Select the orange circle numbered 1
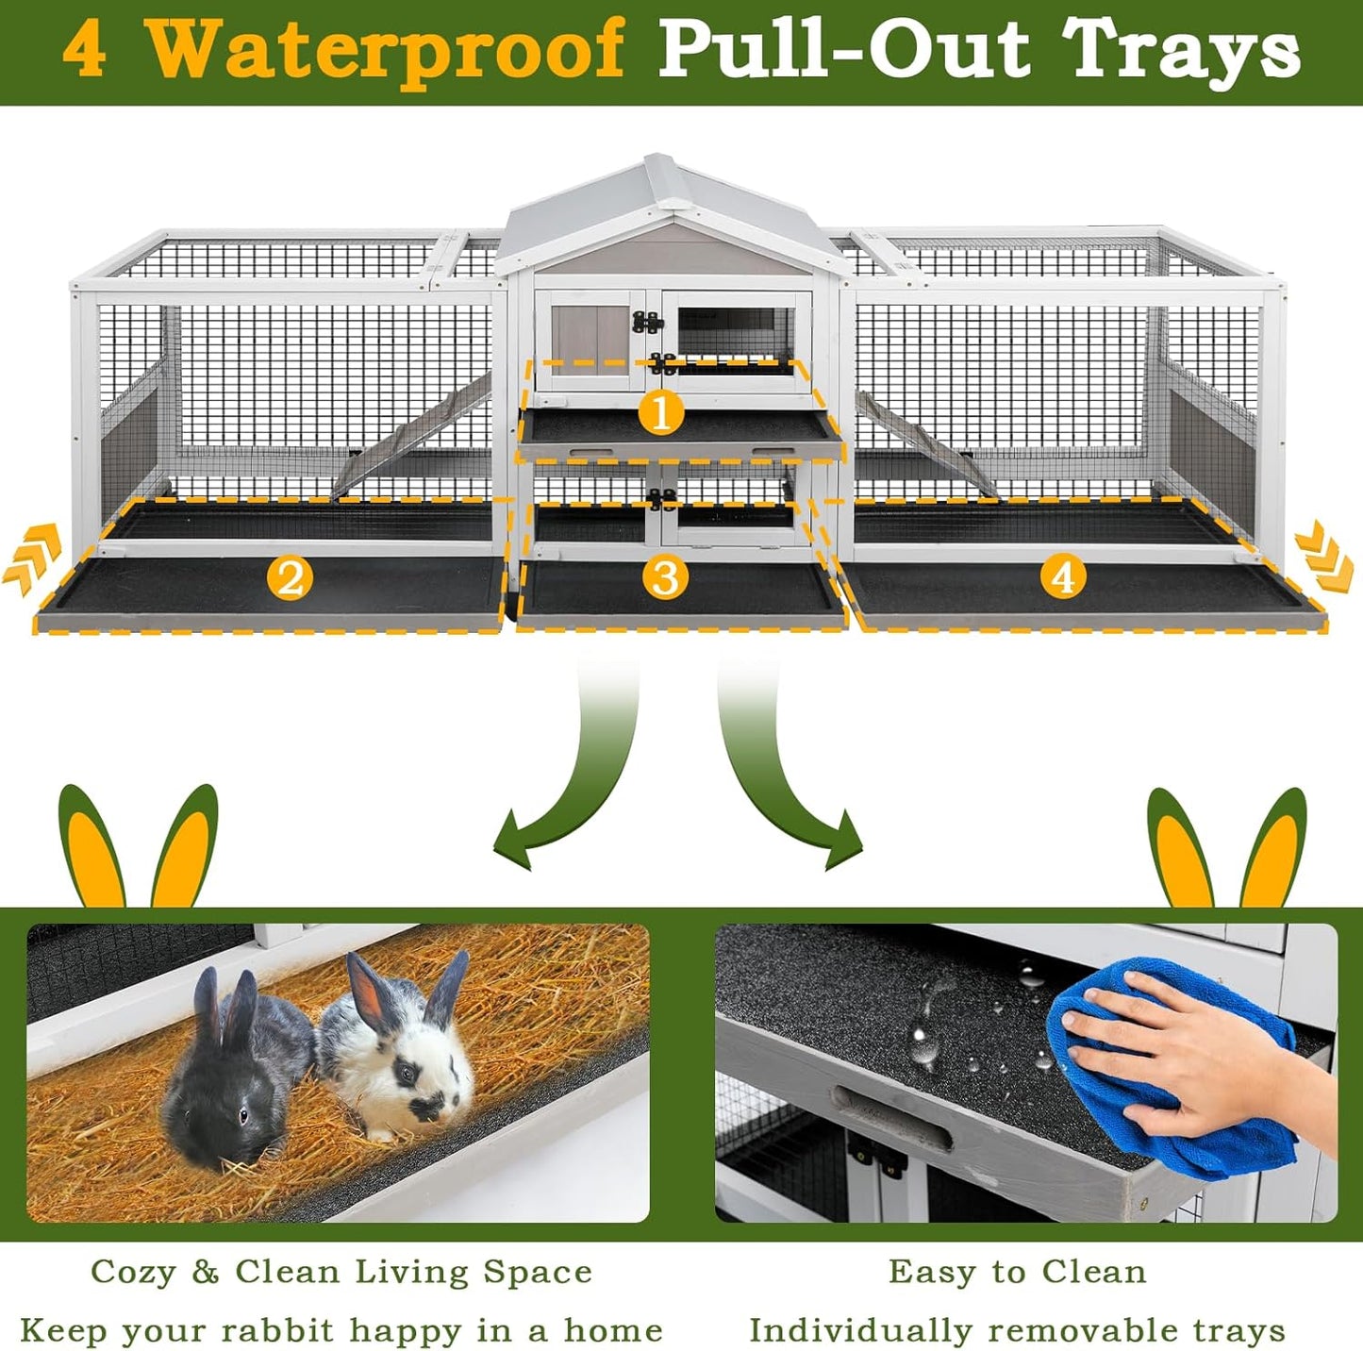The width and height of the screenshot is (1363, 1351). coord(660,412)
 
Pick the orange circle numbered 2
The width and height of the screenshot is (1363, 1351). coord(290,576)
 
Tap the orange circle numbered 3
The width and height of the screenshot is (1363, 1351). coord(665,576)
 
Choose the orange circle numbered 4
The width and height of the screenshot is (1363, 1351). coord(1063,576)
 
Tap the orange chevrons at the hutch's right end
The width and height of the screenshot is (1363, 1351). coord(1325,561)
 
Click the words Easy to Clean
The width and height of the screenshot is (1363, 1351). coord(1017,1272)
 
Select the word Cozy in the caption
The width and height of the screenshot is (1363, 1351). coord(132,1272)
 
